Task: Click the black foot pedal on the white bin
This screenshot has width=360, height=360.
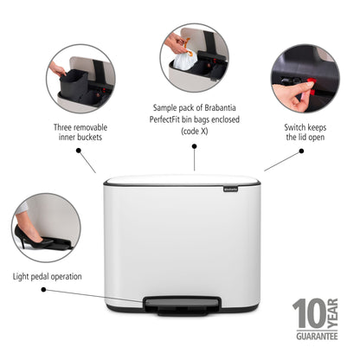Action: click(x=182, y=303)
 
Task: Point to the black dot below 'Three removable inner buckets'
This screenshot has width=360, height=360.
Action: click(x=79, y=149)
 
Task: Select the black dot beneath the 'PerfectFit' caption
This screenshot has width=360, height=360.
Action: click(x=194, y=148)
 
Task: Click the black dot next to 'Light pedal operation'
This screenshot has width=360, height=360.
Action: click(x=93, y=276)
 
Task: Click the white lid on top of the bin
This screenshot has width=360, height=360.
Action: click(x=182, y=181)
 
